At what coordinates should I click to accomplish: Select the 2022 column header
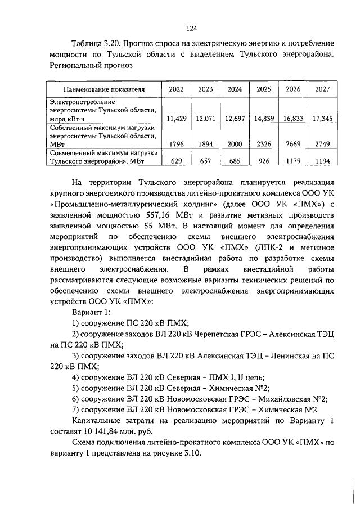(176, 89)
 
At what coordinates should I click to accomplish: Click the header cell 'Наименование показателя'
(103, 89)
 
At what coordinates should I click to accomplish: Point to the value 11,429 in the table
(176, 119)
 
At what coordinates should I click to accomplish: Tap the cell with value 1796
(176, 144)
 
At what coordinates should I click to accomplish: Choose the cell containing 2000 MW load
(235, 144)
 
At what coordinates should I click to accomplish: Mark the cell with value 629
(176, 161)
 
